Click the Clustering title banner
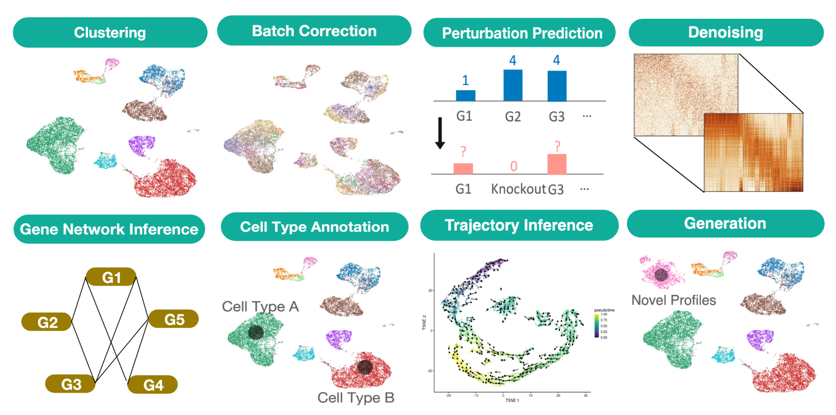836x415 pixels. click(x=110, y=33)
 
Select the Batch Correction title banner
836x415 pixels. click(x=314, y=31)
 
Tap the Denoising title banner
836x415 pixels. click(x=726, y=33)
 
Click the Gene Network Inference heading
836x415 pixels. click(x=109, y=229)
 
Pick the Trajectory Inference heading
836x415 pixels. click(x=519, y=225)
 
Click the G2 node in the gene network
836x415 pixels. click(x=47, y=322)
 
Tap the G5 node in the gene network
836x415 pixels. click(x=174, y=319)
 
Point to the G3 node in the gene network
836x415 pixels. click(x=71, y=384)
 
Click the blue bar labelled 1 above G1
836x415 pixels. click(x=465, y=95)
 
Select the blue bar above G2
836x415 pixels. click(x=513, y=85)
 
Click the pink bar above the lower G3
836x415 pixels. click(x=557, y=164)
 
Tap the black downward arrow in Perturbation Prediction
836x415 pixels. click(x=440, y=133)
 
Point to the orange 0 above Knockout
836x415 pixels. click(x=514, y=166)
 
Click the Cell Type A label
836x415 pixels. click(x=260, y=306)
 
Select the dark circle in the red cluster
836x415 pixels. click(x=364, y=367)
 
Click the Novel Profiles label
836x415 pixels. click(x=673, y=300)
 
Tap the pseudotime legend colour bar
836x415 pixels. click(x=597, y=325)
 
